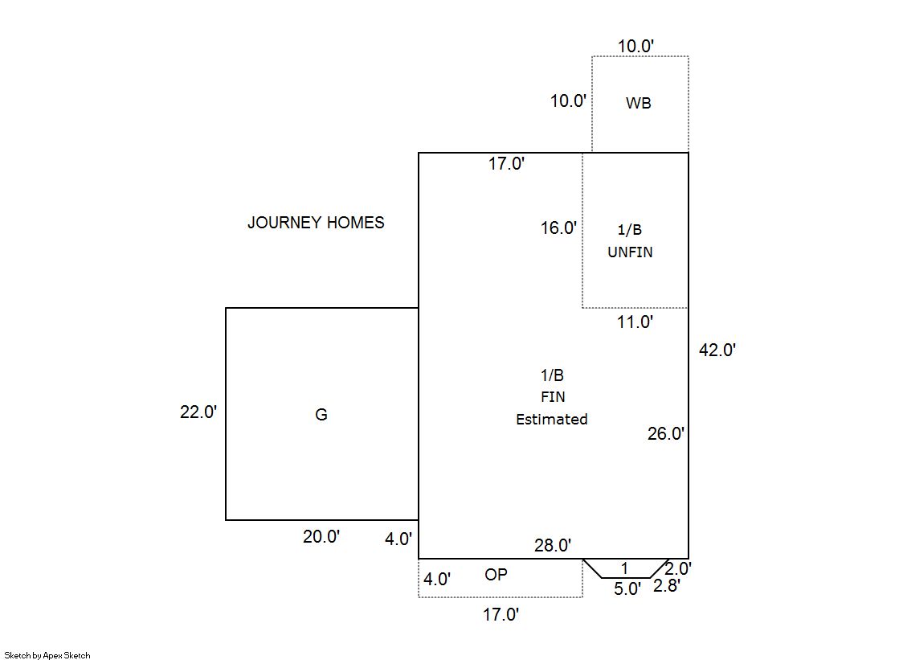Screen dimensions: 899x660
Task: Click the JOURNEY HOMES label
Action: click(316, 223)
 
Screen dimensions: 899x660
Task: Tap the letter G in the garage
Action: click(321, 414)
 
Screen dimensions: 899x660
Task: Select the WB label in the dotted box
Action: click(638, 104)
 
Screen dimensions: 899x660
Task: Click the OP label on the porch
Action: click(496, 575)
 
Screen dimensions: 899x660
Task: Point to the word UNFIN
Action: click(630, 252)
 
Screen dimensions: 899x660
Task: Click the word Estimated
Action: click(552, 420)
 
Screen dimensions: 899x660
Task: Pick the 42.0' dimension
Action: click(717, 350)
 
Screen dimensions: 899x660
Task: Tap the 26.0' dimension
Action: click(666, 433)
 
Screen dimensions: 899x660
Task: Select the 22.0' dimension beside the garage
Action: click(198, 412)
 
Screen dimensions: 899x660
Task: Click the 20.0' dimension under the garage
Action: click(321, 536)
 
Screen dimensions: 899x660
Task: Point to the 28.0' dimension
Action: click(553, 545)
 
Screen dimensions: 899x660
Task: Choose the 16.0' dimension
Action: click(558, 228)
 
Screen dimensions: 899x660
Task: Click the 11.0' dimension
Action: click(635, 322)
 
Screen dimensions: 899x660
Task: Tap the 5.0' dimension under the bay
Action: click(627, 588)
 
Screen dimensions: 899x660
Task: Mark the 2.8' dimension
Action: click(667, 585)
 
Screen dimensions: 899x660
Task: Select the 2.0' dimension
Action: click(678, 568)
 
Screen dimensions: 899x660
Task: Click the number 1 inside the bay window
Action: click(624, 568)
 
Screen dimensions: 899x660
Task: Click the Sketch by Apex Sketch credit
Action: click(47, 655)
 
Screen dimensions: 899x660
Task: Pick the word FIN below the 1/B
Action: click(553, 397)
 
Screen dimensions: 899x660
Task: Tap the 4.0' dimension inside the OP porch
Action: click(437, 579)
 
